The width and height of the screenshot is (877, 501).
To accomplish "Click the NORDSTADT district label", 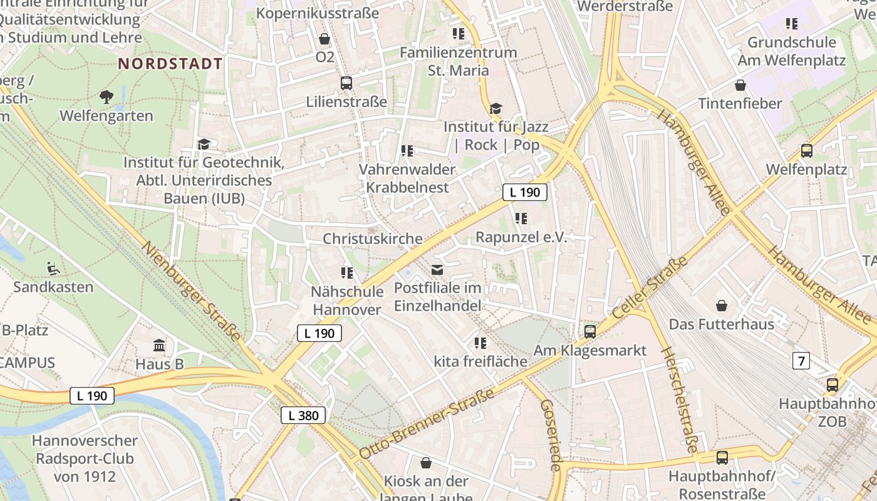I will coord(170,64).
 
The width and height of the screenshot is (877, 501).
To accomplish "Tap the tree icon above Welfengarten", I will coord(106,96).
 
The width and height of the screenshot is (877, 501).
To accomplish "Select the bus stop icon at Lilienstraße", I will coord(346,83).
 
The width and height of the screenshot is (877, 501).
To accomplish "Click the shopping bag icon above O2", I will coord(324,39).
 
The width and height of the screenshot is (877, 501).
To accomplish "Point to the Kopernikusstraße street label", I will coord(318,13).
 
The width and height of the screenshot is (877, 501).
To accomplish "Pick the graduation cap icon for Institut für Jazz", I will coord(496,108).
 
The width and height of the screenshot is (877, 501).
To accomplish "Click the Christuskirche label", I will coord(372,239).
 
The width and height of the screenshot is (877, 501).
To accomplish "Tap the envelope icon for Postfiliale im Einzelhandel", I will coord(437,270).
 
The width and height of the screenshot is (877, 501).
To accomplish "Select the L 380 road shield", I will coord(303,415).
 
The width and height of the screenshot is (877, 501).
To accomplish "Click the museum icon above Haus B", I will coord(159,345).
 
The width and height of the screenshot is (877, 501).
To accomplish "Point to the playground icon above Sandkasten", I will coord(53,269).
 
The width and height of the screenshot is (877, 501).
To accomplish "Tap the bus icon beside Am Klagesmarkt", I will coord(590,331).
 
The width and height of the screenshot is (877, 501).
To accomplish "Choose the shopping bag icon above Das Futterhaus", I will coord(722,306).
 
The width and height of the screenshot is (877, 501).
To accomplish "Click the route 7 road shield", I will coord(801,361).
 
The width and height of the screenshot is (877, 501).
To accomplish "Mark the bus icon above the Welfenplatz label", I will coord(807,151).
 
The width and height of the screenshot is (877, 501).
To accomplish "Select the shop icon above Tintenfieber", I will coord(740,85).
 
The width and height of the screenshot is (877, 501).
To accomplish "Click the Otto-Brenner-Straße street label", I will coord(427,423).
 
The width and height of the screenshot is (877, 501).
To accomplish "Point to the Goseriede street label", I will coord(550,436).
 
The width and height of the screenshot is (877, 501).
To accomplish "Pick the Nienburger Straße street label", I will coord(192,291).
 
